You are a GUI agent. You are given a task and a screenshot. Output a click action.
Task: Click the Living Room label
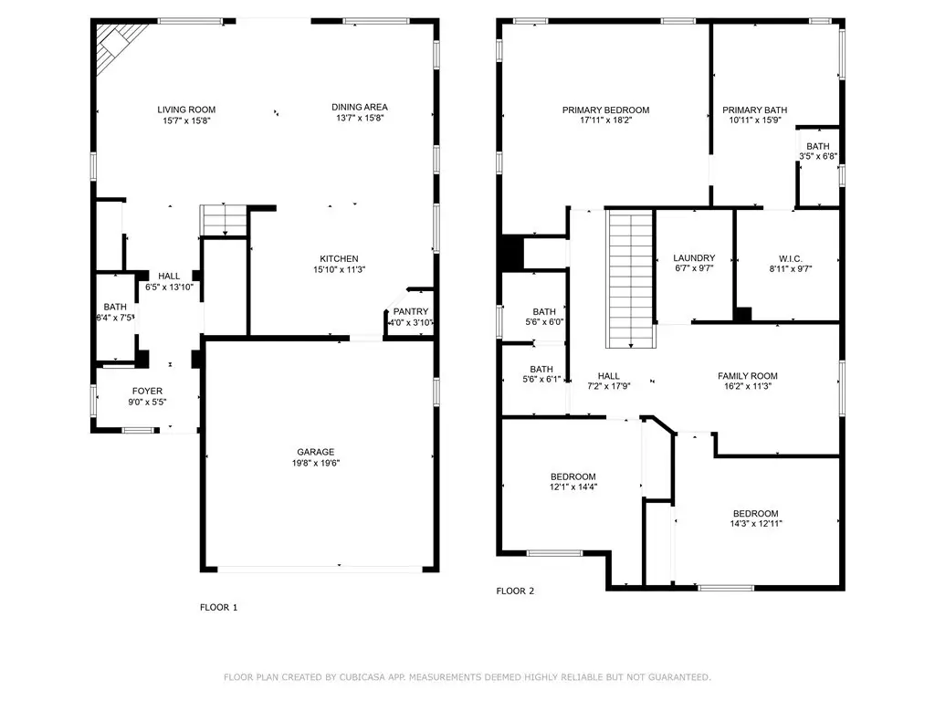pyautogui.click(x=186, y=110)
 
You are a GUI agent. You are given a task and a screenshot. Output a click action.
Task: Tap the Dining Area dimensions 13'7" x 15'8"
pyautogui.click(x=360, y=118)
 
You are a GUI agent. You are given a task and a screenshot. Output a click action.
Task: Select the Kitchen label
pyautogui.click(x=340, y=258)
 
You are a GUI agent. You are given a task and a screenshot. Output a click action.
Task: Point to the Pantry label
pyautogui.click(x=411, y=311)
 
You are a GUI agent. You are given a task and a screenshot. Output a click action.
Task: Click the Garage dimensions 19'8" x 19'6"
pyautogui.click(x=315, y=463)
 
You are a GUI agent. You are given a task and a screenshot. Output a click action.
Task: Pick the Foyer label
pyautogui.click(x=147, y=391)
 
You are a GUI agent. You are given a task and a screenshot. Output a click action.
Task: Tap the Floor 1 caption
pyautogui.click(x=219, y=607)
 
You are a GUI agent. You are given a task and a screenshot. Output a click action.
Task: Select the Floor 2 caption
pyautogui.click(x=515, y=591)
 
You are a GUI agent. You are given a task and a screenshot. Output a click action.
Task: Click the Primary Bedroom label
pyautogui.click(x=606, y=110)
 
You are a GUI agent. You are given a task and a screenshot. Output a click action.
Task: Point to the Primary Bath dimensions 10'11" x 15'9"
pyautogui.click(x=755, y=120)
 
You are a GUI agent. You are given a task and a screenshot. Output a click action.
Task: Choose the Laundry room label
pyautogui.click(x=694, y=258)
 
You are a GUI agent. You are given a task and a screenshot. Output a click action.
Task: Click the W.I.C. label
pyautogui.click(x=791, y=258)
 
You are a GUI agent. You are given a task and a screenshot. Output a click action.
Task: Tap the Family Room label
pyautogui.click(x=748, y=375)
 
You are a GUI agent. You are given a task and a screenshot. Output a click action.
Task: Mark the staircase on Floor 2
pyautogui.click(x=631, y=278)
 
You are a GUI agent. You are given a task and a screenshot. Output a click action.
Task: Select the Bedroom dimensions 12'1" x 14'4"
pyautogui.click(x=573, y=487)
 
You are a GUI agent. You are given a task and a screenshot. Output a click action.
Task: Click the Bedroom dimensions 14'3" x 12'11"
pyautogui.click(x=756, y=524)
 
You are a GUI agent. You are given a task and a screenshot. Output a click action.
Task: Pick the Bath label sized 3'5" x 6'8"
pyautogui.click(x=818, y=146)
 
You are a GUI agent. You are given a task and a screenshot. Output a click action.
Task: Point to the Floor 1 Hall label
pyautogui.click(x=169, y=276)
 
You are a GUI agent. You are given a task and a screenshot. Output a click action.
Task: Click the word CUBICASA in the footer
pyautogui.click(x=364, y=677)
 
